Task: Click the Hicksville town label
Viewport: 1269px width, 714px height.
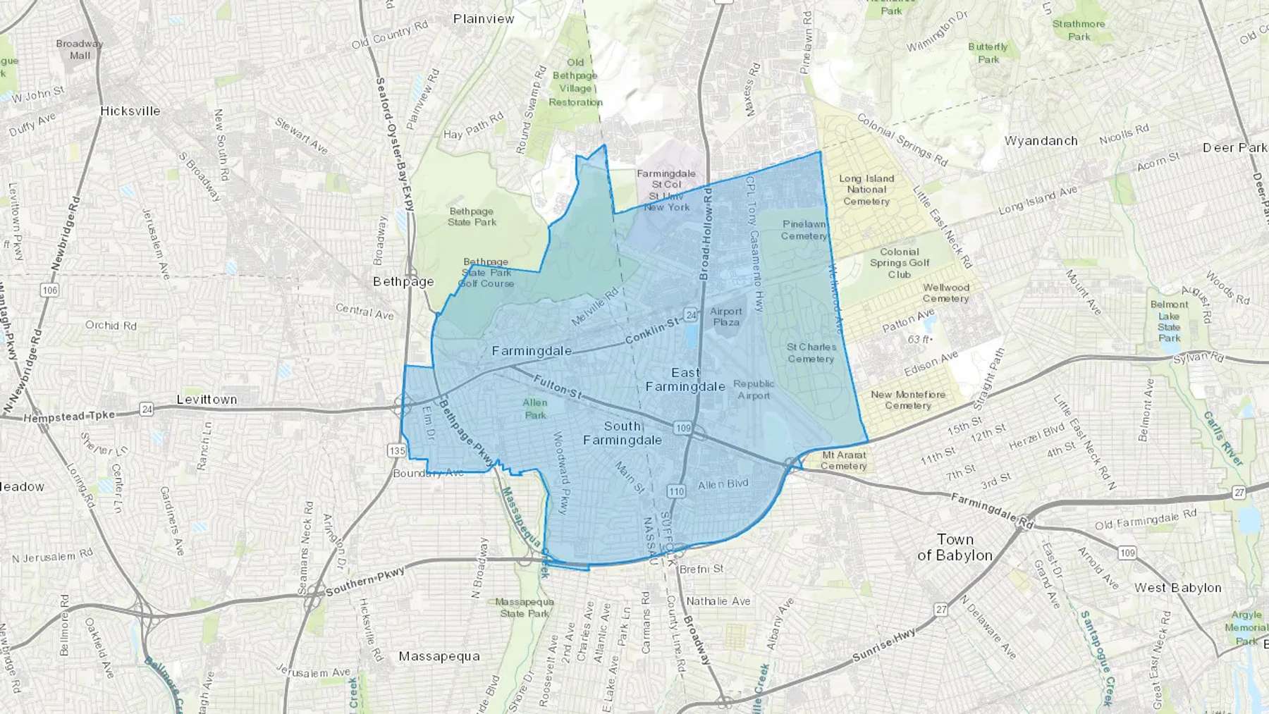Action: click(130, 111)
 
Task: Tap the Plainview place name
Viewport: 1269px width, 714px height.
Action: click(484, 19)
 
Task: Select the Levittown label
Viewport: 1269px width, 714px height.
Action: click(207, 400)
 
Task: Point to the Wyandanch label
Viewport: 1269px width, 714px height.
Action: click(1041, 141)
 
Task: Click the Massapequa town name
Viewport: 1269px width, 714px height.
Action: click(439, 656)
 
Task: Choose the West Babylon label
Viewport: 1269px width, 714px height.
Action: click(1177, 588)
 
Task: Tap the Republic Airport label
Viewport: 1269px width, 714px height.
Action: click(754, 390)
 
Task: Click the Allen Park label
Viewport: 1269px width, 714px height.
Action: click(535, 409)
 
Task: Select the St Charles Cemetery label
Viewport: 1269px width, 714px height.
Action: click(811, 353)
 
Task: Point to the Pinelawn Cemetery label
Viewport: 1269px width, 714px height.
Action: click(804, 230)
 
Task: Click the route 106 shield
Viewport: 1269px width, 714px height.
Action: click(49, 290)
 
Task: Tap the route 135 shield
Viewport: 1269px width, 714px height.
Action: click(397, 450)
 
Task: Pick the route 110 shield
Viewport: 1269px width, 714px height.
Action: click(677, 491)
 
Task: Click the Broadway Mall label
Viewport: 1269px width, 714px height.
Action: click(80, 49)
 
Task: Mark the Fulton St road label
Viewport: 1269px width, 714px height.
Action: click(557, 387)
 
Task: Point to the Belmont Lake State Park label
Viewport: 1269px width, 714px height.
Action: click(1169, 321)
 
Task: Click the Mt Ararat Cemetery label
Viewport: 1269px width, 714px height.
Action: click(843, 460)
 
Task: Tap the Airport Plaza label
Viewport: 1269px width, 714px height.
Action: click(726, 316)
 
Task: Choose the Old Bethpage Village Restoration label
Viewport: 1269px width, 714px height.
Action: click(575, 82)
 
